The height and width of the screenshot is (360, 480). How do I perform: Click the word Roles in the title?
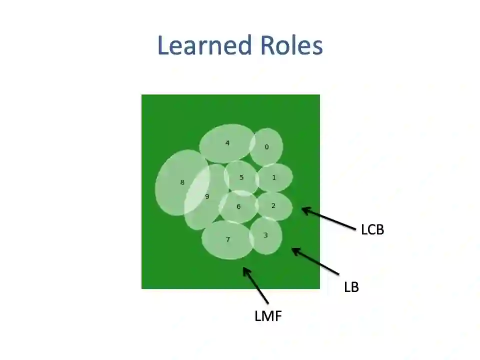pyautogui.click(x=291, y=45)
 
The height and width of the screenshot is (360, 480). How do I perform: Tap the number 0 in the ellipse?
pyautogui.click(x=266, y=147)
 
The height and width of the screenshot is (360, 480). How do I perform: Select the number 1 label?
pyautogui.click(x=274, y=177)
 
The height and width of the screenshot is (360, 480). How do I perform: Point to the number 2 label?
pyautogui.click(x=273, y=205)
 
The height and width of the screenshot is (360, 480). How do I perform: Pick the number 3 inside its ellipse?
pyautogui.click(x=265, y=235)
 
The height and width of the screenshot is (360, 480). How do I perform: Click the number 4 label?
pyautogui.click(x=227, y=143)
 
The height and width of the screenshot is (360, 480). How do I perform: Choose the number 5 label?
pyautogui.click(x=241, y=177)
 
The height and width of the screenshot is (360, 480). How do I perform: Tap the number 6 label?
pyautogui.click(x=238, y=206)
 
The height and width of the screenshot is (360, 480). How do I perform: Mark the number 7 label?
pyautogui.click(x=228, y=239)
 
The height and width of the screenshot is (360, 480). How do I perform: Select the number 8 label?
pyautogui.click(x=182, y=182)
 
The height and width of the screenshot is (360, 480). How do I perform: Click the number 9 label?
pyautogui.click(x=207, y=196)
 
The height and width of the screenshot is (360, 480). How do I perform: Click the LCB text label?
pyautogui.click(x=372, y=229)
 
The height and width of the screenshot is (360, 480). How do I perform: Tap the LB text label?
pyautogui.click(x=351, y=287)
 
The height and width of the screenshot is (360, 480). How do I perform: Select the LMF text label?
pyautogui.click(x=268, y=316)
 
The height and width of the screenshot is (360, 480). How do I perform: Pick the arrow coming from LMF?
pyautogui.click(x=255, y=285)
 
